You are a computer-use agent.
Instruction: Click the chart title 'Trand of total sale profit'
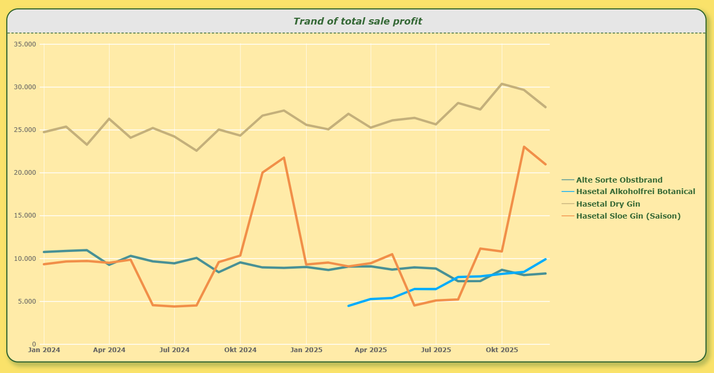[x=358, y=21]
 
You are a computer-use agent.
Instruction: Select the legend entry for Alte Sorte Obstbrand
[x=612, y=180]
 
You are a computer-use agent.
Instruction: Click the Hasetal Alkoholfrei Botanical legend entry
[x=628, y=191]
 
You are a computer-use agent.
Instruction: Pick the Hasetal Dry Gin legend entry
[x=601, y=203]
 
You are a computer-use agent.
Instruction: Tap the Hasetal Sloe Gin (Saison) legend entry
[x=621, y=216]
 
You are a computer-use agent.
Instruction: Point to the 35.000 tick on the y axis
[x=25, y=44]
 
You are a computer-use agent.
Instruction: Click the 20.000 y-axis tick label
[x=25, y=173]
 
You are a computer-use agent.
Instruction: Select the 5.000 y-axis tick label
[x=27, y=302]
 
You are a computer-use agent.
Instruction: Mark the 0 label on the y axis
[x=34, y=344]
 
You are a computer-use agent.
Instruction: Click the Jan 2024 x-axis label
[x=44, y=350]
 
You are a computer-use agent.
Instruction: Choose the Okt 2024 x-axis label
[x=240, y=350]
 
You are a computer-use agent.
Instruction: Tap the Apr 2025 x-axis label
[x=371, y=350]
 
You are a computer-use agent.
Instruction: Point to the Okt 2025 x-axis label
[x=502, y=350]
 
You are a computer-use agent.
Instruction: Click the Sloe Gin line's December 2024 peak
[x=284, y=158]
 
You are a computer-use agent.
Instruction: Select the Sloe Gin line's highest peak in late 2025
[x=524, y=147]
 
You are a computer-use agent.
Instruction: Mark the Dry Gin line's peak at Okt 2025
[x=502, y=84]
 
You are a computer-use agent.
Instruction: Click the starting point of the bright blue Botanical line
[x=348, y=306]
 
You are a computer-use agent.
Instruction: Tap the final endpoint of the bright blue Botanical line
[x=546, y=259]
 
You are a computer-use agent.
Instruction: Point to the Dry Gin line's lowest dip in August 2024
[x=196, y=150]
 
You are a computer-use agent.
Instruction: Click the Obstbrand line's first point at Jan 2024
[x=44, y=252]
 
